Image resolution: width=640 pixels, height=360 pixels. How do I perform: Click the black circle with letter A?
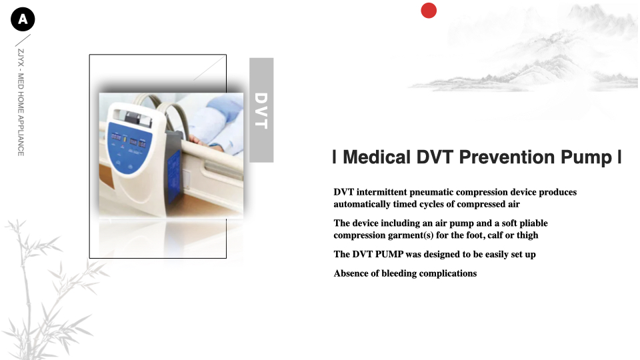(x=23, y=19)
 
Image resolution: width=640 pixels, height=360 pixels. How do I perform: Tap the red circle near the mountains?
(x=429, y=11)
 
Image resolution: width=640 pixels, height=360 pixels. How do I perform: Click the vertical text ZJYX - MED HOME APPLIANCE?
(x=21, y=103)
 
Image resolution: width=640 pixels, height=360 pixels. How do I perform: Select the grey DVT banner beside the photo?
(x=261, y=110)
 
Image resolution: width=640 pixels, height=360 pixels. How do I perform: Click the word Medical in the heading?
(x=377, y=157)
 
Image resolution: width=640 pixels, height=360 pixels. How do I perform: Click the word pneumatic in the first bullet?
(x=433, y=192)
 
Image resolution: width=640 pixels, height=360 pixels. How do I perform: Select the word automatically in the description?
(x=361, y=204)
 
